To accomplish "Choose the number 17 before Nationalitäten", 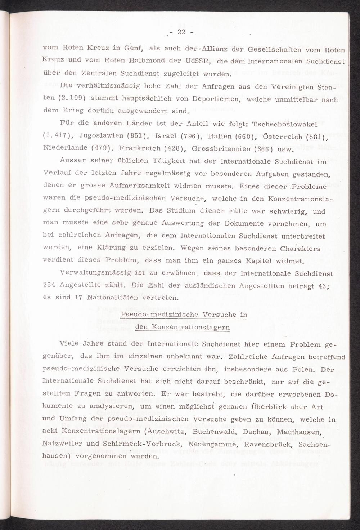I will point(80,298).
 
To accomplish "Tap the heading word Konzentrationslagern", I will point(191,327).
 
